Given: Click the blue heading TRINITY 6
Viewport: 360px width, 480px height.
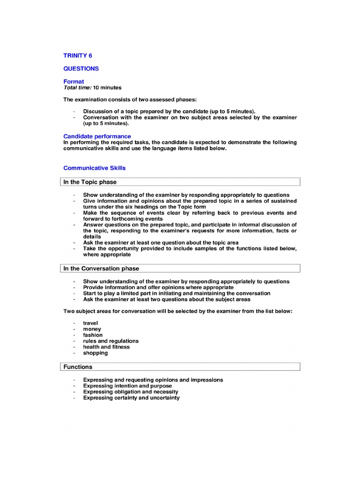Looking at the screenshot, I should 78,55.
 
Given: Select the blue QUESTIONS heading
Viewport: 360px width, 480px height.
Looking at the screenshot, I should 81,68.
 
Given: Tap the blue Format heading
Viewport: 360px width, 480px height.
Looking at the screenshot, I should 74,82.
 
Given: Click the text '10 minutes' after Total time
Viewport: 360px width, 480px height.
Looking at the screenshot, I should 107,88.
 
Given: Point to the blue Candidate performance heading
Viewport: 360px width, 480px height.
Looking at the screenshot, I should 97,136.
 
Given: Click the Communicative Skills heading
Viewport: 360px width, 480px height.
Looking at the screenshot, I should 94,168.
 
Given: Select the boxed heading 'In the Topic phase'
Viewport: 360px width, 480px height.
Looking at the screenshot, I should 90,182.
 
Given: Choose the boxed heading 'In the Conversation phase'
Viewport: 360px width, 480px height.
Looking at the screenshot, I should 101,269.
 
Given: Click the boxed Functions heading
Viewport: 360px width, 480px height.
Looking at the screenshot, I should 78,367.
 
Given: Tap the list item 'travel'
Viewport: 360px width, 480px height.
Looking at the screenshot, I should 91,323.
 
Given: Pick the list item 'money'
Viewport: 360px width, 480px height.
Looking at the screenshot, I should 92,330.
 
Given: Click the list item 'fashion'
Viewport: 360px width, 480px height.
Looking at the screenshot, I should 93,335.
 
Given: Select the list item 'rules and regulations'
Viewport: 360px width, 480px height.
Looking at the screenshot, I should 111,341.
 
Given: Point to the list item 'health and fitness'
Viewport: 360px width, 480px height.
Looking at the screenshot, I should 106,347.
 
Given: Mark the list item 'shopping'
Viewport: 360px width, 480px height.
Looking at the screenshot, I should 95,353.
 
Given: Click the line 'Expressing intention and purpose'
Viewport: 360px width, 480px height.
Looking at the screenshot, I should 127,386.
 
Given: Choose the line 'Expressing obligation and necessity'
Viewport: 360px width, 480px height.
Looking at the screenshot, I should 131,392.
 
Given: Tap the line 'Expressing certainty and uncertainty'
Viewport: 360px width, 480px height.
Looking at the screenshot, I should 131,398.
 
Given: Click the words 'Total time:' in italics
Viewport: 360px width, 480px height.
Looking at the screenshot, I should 77,88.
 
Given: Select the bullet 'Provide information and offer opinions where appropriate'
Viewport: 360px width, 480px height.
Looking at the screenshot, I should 158,287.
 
